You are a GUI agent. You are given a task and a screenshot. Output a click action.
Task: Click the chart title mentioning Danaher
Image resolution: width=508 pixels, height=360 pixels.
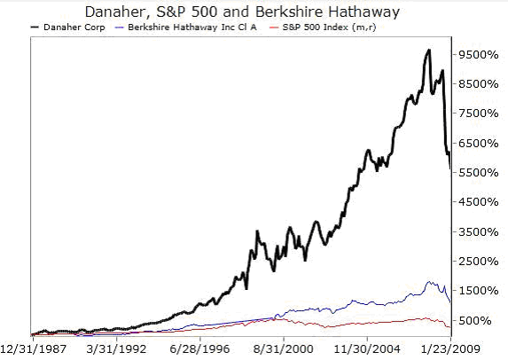[x=254, y=12]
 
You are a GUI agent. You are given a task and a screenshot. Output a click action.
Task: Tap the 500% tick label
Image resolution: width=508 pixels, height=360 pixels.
[x=479, y=320]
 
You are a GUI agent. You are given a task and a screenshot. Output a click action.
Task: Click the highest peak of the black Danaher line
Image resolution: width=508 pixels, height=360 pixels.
[x=429, y=51]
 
